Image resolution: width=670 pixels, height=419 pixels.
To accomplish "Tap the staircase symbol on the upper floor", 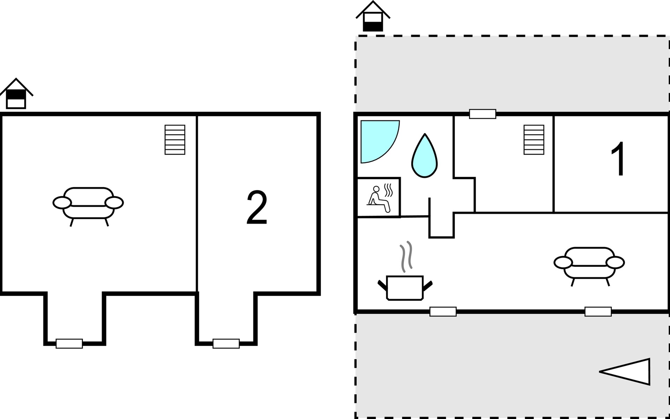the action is [x=175, y=140].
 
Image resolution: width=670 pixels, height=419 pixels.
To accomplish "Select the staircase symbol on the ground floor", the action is [x=534, y=140].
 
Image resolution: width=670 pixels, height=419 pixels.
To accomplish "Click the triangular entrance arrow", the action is [x=625, y=372].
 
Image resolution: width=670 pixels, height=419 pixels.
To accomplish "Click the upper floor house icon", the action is [x=16, y=94].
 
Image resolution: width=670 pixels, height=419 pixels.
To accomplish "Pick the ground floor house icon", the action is [x=373, y=16].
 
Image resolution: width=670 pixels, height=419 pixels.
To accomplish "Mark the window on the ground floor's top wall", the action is [x=483, y=114].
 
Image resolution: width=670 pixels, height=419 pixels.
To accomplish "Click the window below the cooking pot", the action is [x=443, y=311].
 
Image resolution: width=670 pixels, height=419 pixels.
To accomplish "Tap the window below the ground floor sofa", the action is [x=598, y=311].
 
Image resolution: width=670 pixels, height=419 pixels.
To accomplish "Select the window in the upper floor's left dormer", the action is [x=69, y=344].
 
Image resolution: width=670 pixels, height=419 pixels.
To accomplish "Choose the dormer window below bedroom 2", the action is [x=226, y=344].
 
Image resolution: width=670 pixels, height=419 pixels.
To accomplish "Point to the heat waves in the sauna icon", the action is [x=388, y=190].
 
